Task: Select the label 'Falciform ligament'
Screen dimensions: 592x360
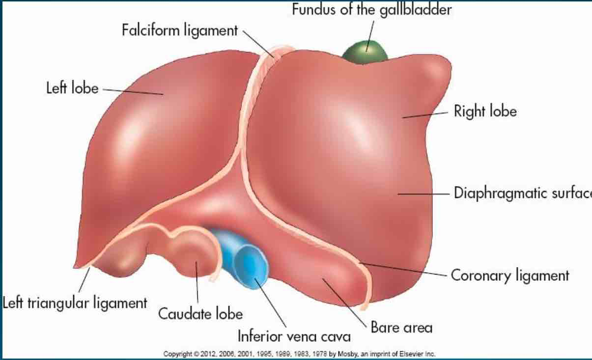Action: tap(180, 30)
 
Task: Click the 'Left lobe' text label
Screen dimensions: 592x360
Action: tap(72, 89)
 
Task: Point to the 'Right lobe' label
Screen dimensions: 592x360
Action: tap(485, 111)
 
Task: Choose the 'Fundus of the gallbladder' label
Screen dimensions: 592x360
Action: tap(371, 9)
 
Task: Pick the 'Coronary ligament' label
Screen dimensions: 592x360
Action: tap(509, 275)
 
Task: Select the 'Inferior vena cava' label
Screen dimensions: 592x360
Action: tap(294, 336)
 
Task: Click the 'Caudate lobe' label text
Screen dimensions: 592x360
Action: tap(200, 313)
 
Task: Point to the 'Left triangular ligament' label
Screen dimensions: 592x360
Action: tap(75, 303)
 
